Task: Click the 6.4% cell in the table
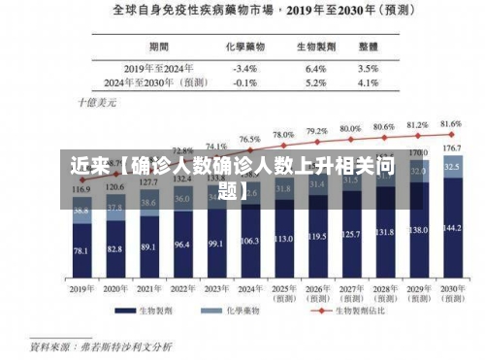coord(315,69)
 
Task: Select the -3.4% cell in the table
coord(245,69)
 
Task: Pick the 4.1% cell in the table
coord(368,82)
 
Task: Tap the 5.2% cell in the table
coord(315,82)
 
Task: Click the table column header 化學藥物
coord(244,46)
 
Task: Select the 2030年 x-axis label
coord(451,289)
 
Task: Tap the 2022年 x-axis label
coord(182,289)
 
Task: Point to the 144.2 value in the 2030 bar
coord(451,228)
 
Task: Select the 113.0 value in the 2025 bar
coord(283,238)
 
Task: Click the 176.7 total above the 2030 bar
coord(451,148)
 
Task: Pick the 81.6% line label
coord(451,124)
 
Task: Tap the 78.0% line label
coord(283,135)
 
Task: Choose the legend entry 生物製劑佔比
coord(365,311)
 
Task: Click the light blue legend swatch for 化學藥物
coord(207,311)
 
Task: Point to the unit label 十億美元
coord(96,101)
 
